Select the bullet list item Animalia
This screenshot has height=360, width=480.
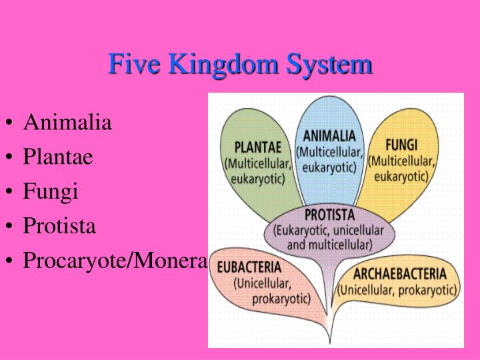tap(67, 123)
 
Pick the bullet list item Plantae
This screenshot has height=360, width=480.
tap(58, 157)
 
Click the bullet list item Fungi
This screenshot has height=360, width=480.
tap(51, 192)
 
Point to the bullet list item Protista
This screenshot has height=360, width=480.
tap(59, 227)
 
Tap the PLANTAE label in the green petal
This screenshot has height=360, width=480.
tap(258, 147)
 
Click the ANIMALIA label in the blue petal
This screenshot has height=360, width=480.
tap(329, 137)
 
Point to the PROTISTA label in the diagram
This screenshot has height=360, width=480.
tap(330, 215)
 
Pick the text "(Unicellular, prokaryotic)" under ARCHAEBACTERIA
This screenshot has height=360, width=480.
tap(397, 290)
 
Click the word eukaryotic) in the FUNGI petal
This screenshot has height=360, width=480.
tap(401, 176)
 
